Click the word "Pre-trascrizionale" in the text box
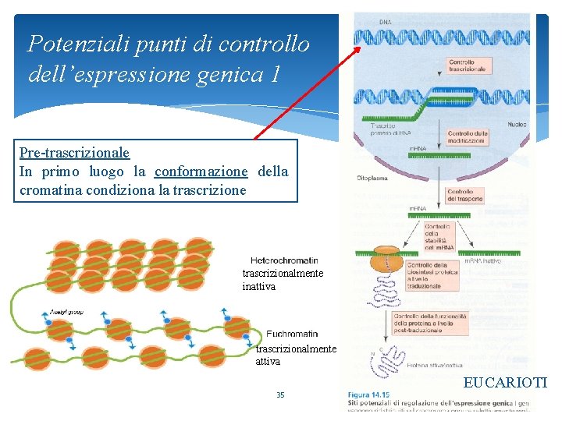(74, 154)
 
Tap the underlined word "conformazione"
(201, 172)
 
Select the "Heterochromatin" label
(284, 260)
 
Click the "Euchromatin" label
(291, 334)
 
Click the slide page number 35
(280, 395)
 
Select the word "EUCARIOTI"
(505, 383)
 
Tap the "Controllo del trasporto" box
(467, 195)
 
